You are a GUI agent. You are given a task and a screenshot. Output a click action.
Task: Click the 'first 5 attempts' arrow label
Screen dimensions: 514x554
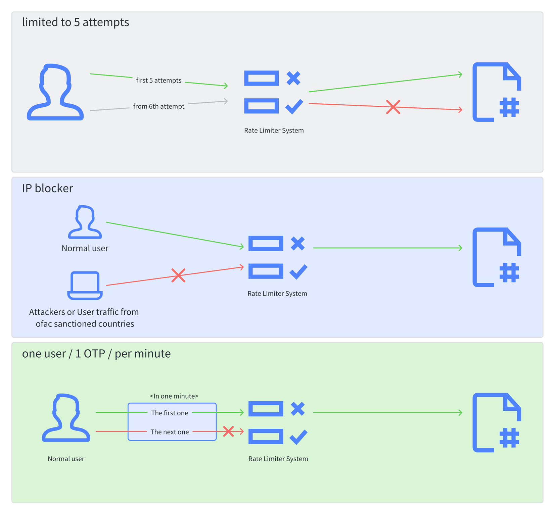coord(158,81)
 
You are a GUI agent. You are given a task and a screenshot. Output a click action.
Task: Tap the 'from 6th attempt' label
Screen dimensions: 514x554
coord(158,106)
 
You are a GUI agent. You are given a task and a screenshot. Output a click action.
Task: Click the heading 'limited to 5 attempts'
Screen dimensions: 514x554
coord(76,22)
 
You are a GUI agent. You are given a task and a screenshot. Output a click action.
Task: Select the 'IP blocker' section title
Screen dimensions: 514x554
coord(47,188)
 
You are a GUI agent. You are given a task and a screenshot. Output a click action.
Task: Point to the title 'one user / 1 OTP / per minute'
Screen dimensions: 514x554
coord(96,354)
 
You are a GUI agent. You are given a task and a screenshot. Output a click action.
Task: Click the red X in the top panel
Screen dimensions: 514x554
coord(393,107)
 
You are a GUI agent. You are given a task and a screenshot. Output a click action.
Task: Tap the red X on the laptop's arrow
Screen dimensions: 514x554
coord(178,275)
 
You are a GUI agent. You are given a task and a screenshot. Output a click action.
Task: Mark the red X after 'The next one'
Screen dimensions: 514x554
coord(228,431)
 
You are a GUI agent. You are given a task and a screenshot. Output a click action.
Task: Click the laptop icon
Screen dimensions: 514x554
coord(85,286)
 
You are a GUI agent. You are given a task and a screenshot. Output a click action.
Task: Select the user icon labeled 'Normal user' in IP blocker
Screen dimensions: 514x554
coord(85,222)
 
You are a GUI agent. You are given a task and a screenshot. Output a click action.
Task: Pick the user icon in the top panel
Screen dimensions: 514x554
coord(55,92)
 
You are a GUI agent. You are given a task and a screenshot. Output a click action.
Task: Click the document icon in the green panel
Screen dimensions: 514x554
coord(496,422)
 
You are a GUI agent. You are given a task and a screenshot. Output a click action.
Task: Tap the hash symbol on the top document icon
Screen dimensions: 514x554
coord(509,107)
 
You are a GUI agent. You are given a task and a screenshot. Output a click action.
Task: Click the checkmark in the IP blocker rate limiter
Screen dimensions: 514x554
coord(298,271)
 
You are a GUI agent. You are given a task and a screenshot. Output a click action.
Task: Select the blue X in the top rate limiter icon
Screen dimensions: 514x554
coord(293,78)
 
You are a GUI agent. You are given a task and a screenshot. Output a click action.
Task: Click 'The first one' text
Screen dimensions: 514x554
coord(170,413)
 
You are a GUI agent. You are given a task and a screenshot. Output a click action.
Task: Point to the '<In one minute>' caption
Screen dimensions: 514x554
coord(174,396)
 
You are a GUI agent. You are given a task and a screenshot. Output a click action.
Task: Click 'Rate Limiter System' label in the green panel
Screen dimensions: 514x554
coord(278,459)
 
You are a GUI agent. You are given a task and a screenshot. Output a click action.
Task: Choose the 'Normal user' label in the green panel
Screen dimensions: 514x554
coord(66,459)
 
